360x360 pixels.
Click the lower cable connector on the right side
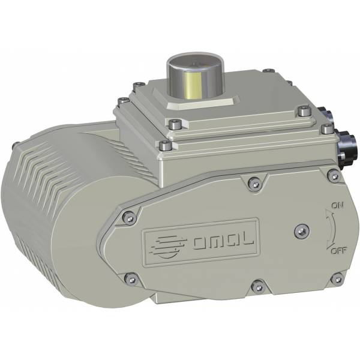click(x=348, y=147)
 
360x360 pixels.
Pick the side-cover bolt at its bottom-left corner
click(x=128, y=277)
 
